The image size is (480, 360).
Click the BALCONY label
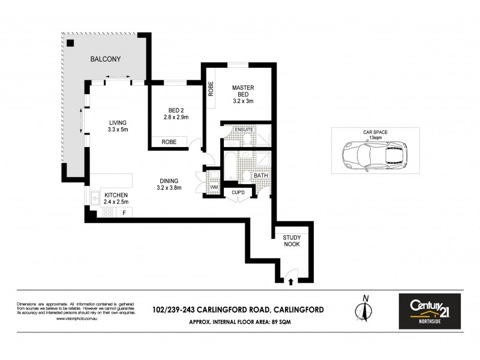[106, 59]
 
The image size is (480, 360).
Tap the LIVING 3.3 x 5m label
[118, 126]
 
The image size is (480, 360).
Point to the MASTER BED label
[243, 94]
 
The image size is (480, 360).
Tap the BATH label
[260, 176]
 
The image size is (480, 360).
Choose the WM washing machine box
[214, 188]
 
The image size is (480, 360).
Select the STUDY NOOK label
[292, 241]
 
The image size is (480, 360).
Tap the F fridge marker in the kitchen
[124, 212]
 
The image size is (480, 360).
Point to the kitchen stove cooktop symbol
[109, 212]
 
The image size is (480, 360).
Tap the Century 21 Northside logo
[430, 311]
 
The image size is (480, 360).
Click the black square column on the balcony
[71, 43]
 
